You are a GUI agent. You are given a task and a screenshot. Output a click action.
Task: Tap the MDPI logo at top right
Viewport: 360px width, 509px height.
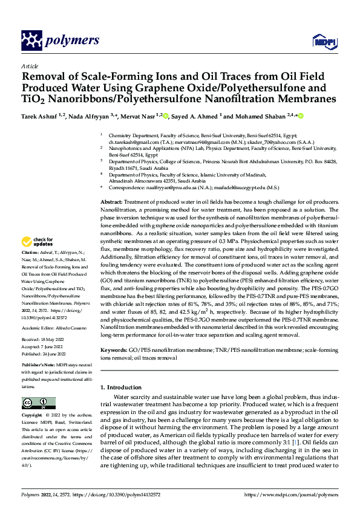click(321, 41)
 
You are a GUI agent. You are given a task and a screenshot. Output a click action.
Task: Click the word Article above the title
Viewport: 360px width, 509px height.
click(29, 66)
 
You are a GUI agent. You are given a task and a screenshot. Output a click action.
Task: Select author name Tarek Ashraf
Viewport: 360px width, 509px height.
click(41, 115)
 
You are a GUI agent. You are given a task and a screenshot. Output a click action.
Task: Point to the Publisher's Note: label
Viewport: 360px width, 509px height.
click(39, 366)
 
